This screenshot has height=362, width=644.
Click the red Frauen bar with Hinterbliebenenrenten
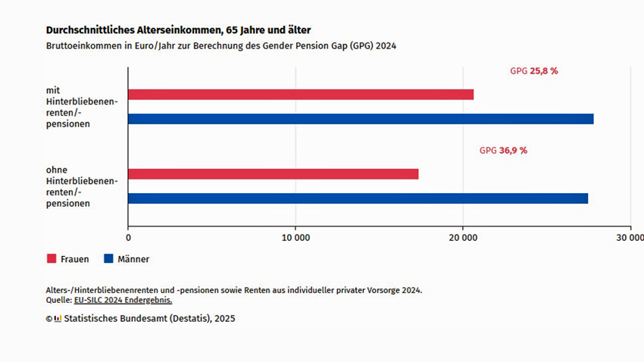pos(301,95)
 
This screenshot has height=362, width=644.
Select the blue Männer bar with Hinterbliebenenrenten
pos(361,119)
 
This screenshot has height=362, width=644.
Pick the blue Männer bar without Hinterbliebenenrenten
pos(358,198)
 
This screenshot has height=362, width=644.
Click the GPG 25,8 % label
pos(533,70)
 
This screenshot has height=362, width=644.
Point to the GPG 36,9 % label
pos(503,151)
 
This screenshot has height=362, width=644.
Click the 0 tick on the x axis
pos(128,237)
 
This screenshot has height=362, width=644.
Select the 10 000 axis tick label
pos(295,237)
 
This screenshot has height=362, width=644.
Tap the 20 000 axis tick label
pos(463,237)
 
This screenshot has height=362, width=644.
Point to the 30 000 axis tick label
pos(628,237)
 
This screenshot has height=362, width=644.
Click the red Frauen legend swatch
pos(52,259)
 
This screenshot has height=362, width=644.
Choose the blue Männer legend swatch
pos(108,259)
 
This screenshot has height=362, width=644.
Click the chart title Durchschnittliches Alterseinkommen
pos(178,30)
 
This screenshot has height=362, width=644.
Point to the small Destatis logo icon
pos(58,319)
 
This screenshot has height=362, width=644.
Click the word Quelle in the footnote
pos(58,300)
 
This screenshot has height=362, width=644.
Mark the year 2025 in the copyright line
pos(225,319)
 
